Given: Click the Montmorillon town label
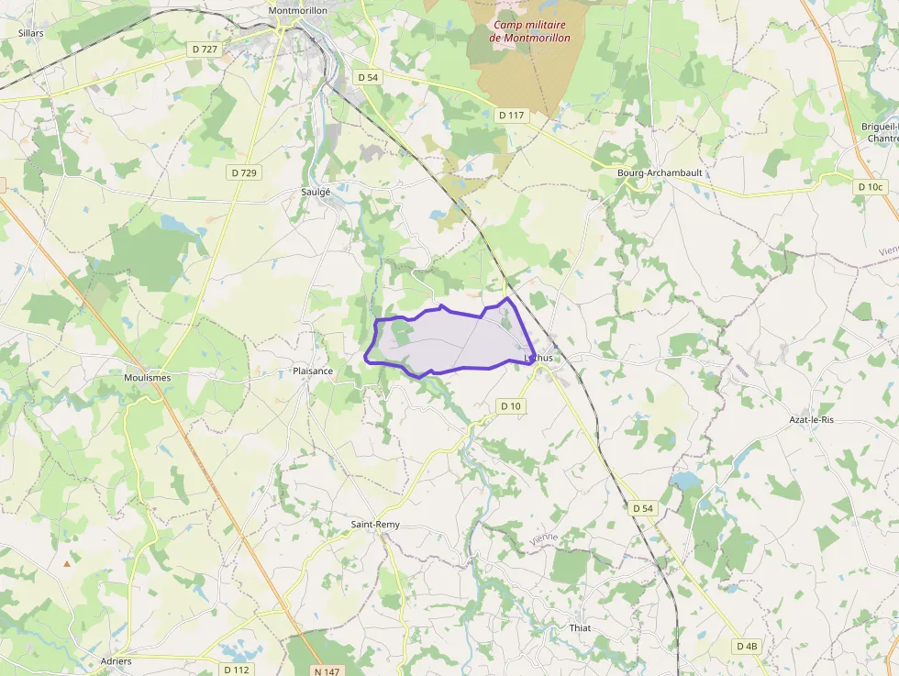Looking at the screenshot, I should (299, 10).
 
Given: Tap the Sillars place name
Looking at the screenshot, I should (31, 32).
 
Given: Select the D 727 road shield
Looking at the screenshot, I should (205, 49).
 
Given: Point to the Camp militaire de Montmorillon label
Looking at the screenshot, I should (529, 31).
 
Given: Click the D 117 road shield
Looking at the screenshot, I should (511, 116).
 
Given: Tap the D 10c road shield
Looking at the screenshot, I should (870, 186).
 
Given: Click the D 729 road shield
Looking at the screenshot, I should (244, 172).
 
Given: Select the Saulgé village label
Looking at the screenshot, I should (316, 192).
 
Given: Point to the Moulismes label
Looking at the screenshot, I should (147, 377).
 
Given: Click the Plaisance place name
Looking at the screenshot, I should (312, 371).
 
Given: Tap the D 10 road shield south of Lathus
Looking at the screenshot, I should (511, 405).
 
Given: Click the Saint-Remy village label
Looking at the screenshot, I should (375, 525).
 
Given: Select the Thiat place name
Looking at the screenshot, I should (580, 628).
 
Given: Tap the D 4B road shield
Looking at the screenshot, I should (748, 646).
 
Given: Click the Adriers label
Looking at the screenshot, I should (117, 660).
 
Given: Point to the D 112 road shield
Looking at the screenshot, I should (236, 670).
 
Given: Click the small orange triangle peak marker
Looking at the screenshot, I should (66, 563).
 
